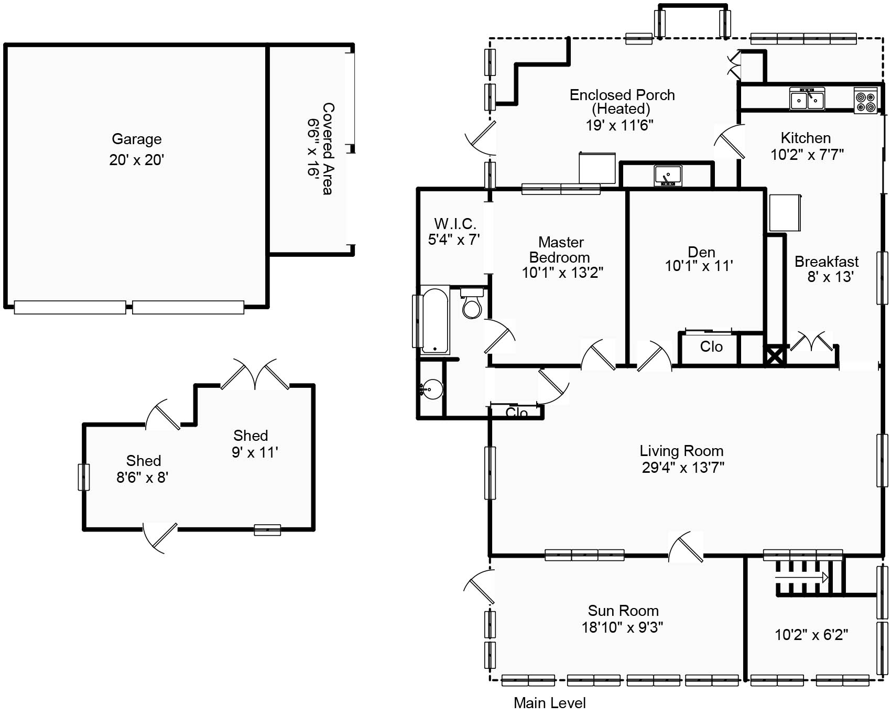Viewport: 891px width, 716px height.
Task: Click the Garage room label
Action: click(136, 139)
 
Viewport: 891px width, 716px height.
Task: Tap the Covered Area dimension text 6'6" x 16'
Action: click(313, 148)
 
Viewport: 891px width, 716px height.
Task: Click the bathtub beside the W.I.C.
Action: click(435, 320)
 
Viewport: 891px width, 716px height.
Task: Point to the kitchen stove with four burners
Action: click(866, 100)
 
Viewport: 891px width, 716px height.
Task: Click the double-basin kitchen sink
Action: click(807, 99)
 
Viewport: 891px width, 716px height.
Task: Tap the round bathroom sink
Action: click(432, 389)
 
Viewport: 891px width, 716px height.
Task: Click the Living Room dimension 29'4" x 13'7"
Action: click(683, 467)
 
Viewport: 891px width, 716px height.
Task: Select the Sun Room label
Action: click(623, 611)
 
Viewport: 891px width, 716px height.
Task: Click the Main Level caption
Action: click(550, 703)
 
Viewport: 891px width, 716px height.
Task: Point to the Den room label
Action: click(701, 252)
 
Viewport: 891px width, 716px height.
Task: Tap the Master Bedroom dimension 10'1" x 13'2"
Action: click(562, 273)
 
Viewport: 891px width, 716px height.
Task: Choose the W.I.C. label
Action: click(455, 224)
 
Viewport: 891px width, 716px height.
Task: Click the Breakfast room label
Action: click(827, 262)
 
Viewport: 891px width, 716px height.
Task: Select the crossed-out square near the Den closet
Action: click(776, 355)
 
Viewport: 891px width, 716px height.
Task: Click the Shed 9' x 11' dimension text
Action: click(255, 452)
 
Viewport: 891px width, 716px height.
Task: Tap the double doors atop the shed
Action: click(255, 374)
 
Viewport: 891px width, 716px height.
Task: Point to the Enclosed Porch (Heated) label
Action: click(622, 102)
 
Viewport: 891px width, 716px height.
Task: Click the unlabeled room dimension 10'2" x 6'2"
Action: click(811, 635)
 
